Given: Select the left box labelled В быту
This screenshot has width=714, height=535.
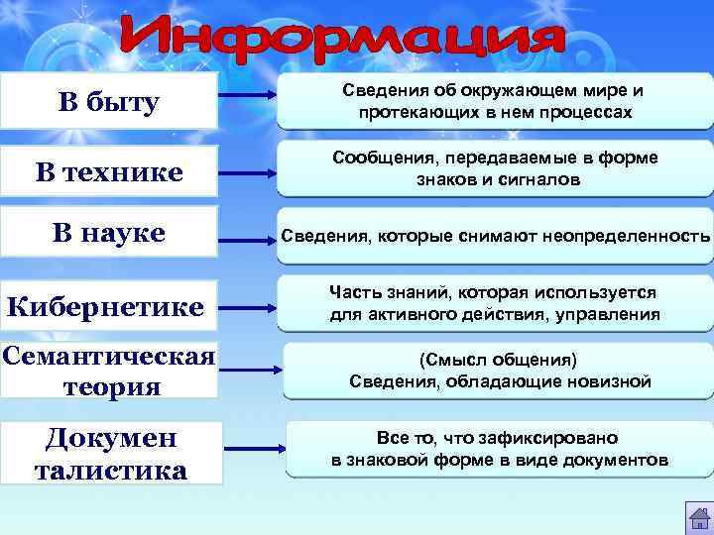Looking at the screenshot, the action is coord(108,102).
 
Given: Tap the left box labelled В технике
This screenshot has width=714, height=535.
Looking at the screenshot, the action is coord(108,172).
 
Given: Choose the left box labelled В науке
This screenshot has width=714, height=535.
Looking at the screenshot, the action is coord(108,234).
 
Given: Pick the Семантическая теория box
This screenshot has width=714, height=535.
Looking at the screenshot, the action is coord(108,371).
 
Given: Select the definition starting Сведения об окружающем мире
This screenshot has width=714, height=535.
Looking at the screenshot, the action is coord(493,102).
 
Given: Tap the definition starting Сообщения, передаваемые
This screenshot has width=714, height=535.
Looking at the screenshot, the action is coord(494,169).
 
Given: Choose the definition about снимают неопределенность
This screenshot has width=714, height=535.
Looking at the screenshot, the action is coord(495,236).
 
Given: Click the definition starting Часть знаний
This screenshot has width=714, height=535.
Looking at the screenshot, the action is coord(494,304).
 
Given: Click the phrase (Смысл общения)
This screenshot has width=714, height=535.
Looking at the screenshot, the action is coord(499,359).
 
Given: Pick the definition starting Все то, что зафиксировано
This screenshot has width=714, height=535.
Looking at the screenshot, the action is coord(499,449).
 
